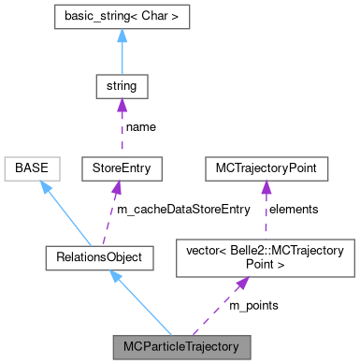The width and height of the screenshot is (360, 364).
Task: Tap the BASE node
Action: click(x=32, y=169)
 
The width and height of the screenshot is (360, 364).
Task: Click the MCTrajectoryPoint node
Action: click(x=266, y=169)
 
